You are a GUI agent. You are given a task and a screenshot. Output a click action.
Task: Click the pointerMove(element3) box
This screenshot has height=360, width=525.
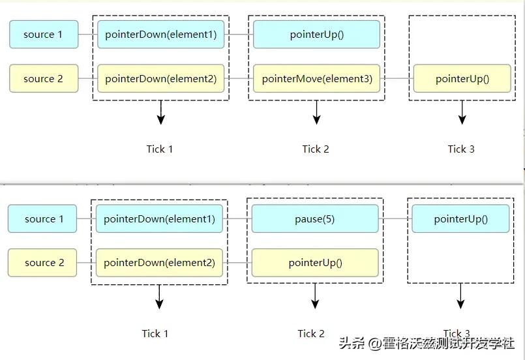point(317,78)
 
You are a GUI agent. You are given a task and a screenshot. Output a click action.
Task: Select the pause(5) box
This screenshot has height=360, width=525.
point(314,219)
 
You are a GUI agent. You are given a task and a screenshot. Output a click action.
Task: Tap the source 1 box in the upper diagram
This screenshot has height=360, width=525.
point(43,34)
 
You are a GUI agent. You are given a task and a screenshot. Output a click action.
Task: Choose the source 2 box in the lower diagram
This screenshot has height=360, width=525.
point(42,263)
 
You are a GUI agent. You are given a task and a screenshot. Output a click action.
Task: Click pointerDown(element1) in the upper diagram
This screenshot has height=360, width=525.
point(160,34)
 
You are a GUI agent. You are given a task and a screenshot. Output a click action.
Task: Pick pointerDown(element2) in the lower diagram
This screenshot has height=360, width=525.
point(159,263)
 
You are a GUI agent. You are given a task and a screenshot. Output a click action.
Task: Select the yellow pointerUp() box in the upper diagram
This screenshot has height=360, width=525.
point(462,78)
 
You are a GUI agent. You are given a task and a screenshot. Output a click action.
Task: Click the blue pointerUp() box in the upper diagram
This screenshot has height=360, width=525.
point(316,34)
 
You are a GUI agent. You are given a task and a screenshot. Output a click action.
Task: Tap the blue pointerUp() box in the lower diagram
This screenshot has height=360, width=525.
point(460,219)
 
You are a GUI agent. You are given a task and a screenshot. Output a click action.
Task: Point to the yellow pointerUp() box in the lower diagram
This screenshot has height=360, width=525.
point(314,263)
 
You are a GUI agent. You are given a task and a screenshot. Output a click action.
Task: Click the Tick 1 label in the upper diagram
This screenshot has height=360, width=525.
point(160,149)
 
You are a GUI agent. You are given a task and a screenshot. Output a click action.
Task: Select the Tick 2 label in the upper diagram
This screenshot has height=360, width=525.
point(316,149)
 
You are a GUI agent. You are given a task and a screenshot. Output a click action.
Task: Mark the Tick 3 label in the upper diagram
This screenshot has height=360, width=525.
point(461,149)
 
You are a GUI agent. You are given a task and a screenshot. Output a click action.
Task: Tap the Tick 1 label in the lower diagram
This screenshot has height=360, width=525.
point(155,333)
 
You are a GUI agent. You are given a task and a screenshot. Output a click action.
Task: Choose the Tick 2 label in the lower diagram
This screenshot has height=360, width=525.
point(311,333)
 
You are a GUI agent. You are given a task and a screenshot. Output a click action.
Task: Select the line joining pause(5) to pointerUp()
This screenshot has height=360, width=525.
point(395,219)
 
